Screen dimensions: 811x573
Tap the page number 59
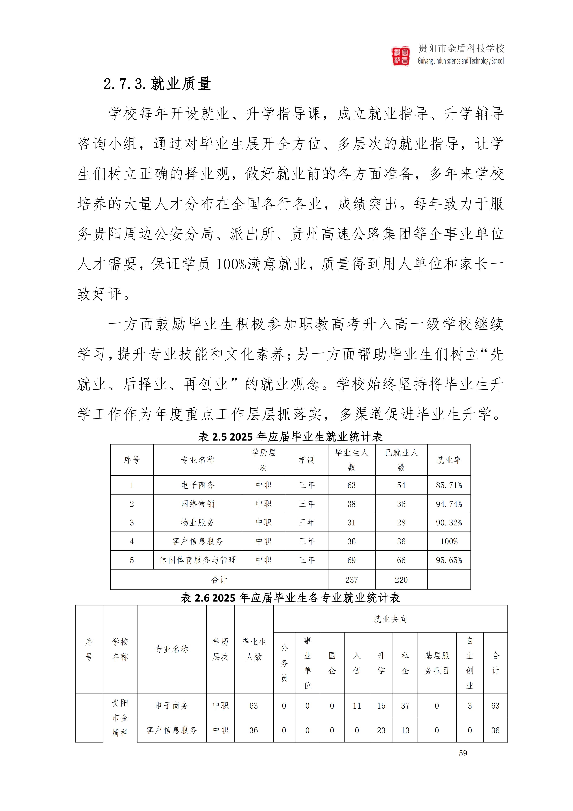coord(463,753)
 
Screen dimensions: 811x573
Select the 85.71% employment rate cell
coord(449,485)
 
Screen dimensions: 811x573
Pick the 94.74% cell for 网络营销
coord(449,504)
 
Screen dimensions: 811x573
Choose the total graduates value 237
coord(351,580)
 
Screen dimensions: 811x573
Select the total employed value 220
coord(401,580)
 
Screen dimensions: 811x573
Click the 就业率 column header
coord(449,460)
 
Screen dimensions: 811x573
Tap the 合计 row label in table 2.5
coord(219,580)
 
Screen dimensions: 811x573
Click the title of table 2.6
coord(290,598)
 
